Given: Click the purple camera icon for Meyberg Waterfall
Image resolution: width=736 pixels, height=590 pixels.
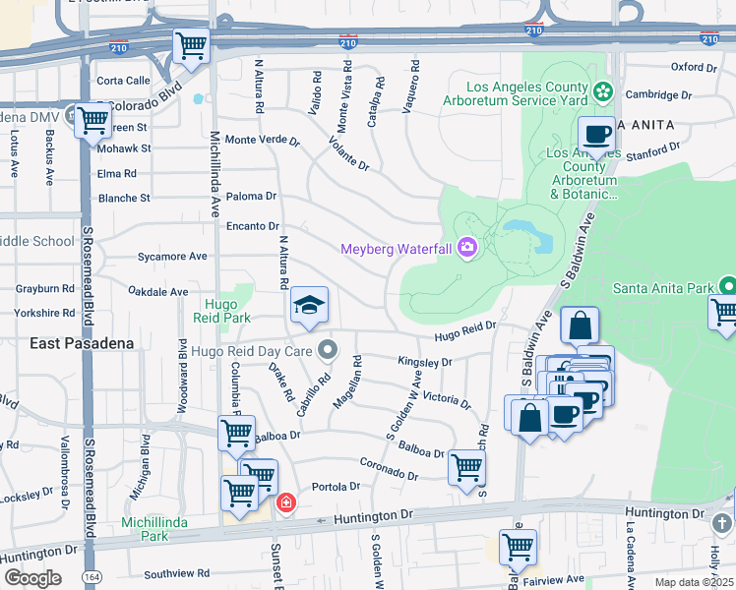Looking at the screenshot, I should (466, 247).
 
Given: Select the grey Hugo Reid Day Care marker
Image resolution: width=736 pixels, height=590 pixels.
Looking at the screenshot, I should (330, 349).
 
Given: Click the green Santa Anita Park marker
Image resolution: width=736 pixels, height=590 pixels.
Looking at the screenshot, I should (727, 287).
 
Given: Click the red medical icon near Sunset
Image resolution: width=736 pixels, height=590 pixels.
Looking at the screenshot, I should (286, 503).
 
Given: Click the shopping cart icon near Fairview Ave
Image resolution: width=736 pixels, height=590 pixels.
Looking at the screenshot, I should (518, 546).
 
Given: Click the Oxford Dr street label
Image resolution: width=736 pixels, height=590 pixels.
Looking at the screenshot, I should (694, 68).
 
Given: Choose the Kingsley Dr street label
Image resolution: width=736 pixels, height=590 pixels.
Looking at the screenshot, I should (424, 362).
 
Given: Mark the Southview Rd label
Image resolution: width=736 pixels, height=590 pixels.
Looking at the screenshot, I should (176, 572).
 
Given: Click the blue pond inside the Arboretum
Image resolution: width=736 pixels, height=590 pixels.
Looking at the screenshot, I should (521, 230).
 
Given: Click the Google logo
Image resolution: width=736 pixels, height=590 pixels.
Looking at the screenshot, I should (32, 577).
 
